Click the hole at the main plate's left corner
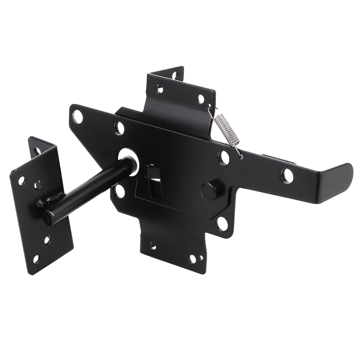(79, 116)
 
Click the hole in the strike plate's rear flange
(36, 149)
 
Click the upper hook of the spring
(209, 106)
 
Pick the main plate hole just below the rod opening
(120, 190)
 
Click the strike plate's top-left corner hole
(22, 181)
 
